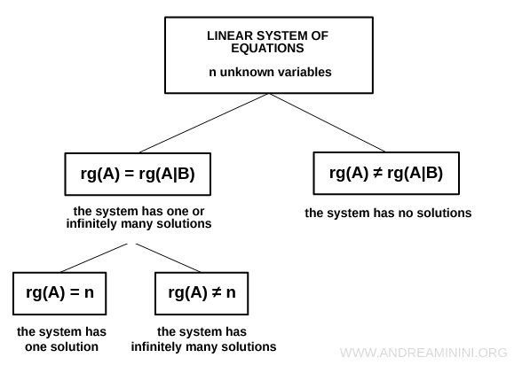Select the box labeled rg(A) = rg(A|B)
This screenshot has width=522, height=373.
[x=137, y=174]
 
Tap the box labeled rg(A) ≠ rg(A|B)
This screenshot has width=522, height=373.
[x=387, y=173]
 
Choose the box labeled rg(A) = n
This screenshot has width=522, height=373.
[x=59, y=293]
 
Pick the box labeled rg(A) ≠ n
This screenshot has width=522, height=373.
[x=202, y=293]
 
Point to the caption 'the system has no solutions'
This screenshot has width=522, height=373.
[x=388, y=214]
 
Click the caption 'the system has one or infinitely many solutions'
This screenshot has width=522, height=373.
[x=138, y=218]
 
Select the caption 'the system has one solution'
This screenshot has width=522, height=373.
[x=61, y=339]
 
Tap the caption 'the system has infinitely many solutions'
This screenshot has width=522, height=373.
[x=203, y=339]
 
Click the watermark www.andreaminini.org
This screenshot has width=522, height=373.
[x=423, y=353]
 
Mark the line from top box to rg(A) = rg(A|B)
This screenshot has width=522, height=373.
[x=204, y=122]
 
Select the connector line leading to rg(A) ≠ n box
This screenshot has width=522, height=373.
[x=169, y=258]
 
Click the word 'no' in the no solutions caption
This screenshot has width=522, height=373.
[x=403, y=214]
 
